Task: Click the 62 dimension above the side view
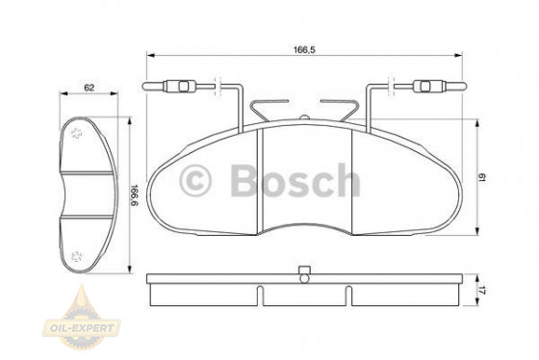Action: [89, 88]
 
